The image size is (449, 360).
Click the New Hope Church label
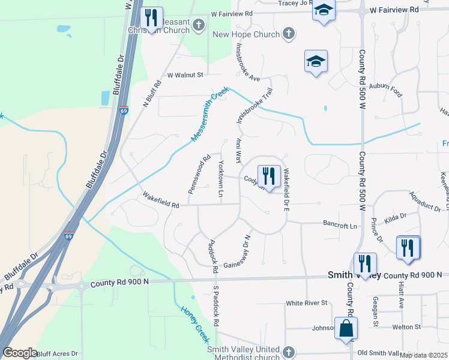click(x=246, y=34)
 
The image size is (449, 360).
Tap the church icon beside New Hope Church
click(x=289, y=34)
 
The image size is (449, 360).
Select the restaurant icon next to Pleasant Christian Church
click(x=151, y=18)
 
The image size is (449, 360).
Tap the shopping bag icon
click(x=346, y=328)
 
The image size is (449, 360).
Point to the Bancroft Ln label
click(x=341, y=226)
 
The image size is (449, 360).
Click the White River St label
click(x=306, y=303)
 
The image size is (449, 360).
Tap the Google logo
click(x=20, y=353)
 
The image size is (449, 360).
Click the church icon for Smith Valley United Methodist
click(x=289, y=352)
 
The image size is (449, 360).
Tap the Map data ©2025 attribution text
click(x=423, y=355)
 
